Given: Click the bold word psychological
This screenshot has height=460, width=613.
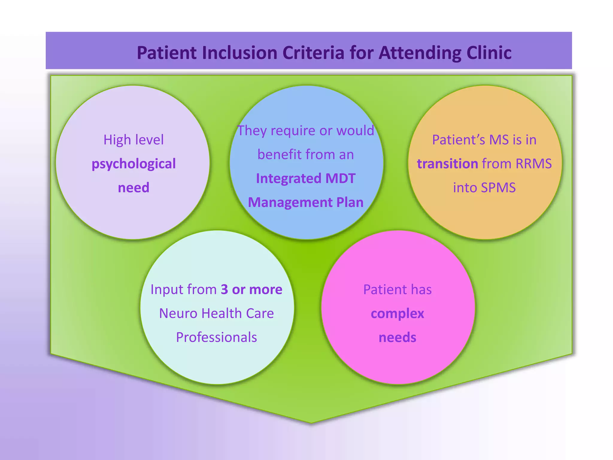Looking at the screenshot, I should pyautogui.click(x=133, y=164).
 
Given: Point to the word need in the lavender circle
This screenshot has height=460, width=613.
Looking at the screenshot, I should pyautogui.click(x=133, y=188).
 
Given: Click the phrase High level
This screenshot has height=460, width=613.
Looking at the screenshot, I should pyautogui.click(x=133, y=140).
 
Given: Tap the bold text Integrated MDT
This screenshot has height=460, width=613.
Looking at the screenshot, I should pyautogui.click(x=306, y=178).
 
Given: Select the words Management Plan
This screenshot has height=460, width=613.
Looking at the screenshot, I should pyautogui.click(x=306, y=202).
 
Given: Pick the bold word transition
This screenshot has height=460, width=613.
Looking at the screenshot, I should pyautogui.click(x=447, y=164).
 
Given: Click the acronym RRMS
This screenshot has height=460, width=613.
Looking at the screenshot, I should pyautogui.click(x=533, y=164).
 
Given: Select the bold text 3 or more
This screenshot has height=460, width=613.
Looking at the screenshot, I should pyautogui.click(x=251, y=289).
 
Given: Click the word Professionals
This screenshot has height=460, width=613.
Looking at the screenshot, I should pyautogui.click(x=216, y=337).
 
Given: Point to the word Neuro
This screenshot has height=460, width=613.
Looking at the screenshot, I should pyautogui.click(x=178, y=313).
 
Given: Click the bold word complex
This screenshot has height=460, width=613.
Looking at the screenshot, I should pyautogui.click(x=397, y=314).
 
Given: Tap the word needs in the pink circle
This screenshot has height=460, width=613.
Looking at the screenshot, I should pyautogui.click(x=397, y=338).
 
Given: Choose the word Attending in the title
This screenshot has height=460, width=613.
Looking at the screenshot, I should pyautogui.click(x=420, y=53).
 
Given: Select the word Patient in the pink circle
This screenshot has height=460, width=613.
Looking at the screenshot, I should pyautogui.click(x=381, y=290).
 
